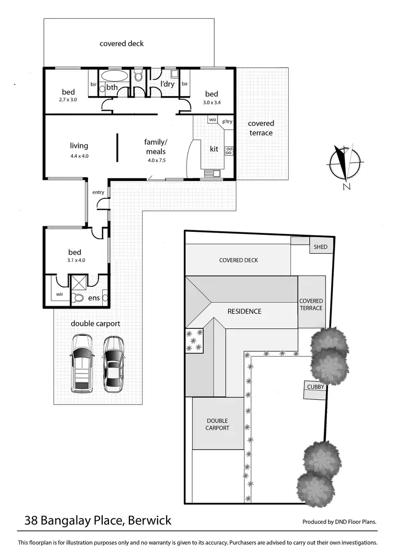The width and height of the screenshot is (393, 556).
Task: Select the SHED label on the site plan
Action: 320,247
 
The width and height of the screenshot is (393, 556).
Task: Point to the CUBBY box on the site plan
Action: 314,387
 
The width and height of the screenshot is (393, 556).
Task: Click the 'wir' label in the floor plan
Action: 59,294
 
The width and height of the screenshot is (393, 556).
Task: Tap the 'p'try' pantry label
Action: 227,121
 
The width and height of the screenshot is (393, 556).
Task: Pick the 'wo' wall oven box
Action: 212,120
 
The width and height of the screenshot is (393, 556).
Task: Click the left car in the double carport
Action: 82,363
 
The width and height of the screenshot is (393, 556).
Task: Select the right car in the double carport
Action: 113,363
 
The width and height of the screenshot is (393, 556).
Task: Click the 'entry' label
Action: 99,192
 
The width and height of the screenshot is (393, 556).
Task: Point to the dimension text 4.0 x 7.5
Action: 156,160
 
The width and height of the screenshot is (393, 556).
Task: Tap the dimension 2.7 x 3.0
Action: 68,99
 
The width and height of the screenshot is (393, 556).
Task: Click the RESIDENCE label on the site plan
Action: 244,311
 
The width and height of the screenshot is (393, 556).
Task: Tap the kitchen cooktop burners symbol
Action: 228,151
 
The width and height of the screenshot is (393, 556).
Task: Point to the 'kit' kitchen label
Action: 214,149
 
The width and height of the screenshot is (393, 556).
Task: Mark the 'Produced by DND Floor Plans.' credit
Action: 340,522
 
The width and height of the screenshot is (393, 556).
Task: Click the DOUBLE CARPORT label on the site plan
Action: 217,424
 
